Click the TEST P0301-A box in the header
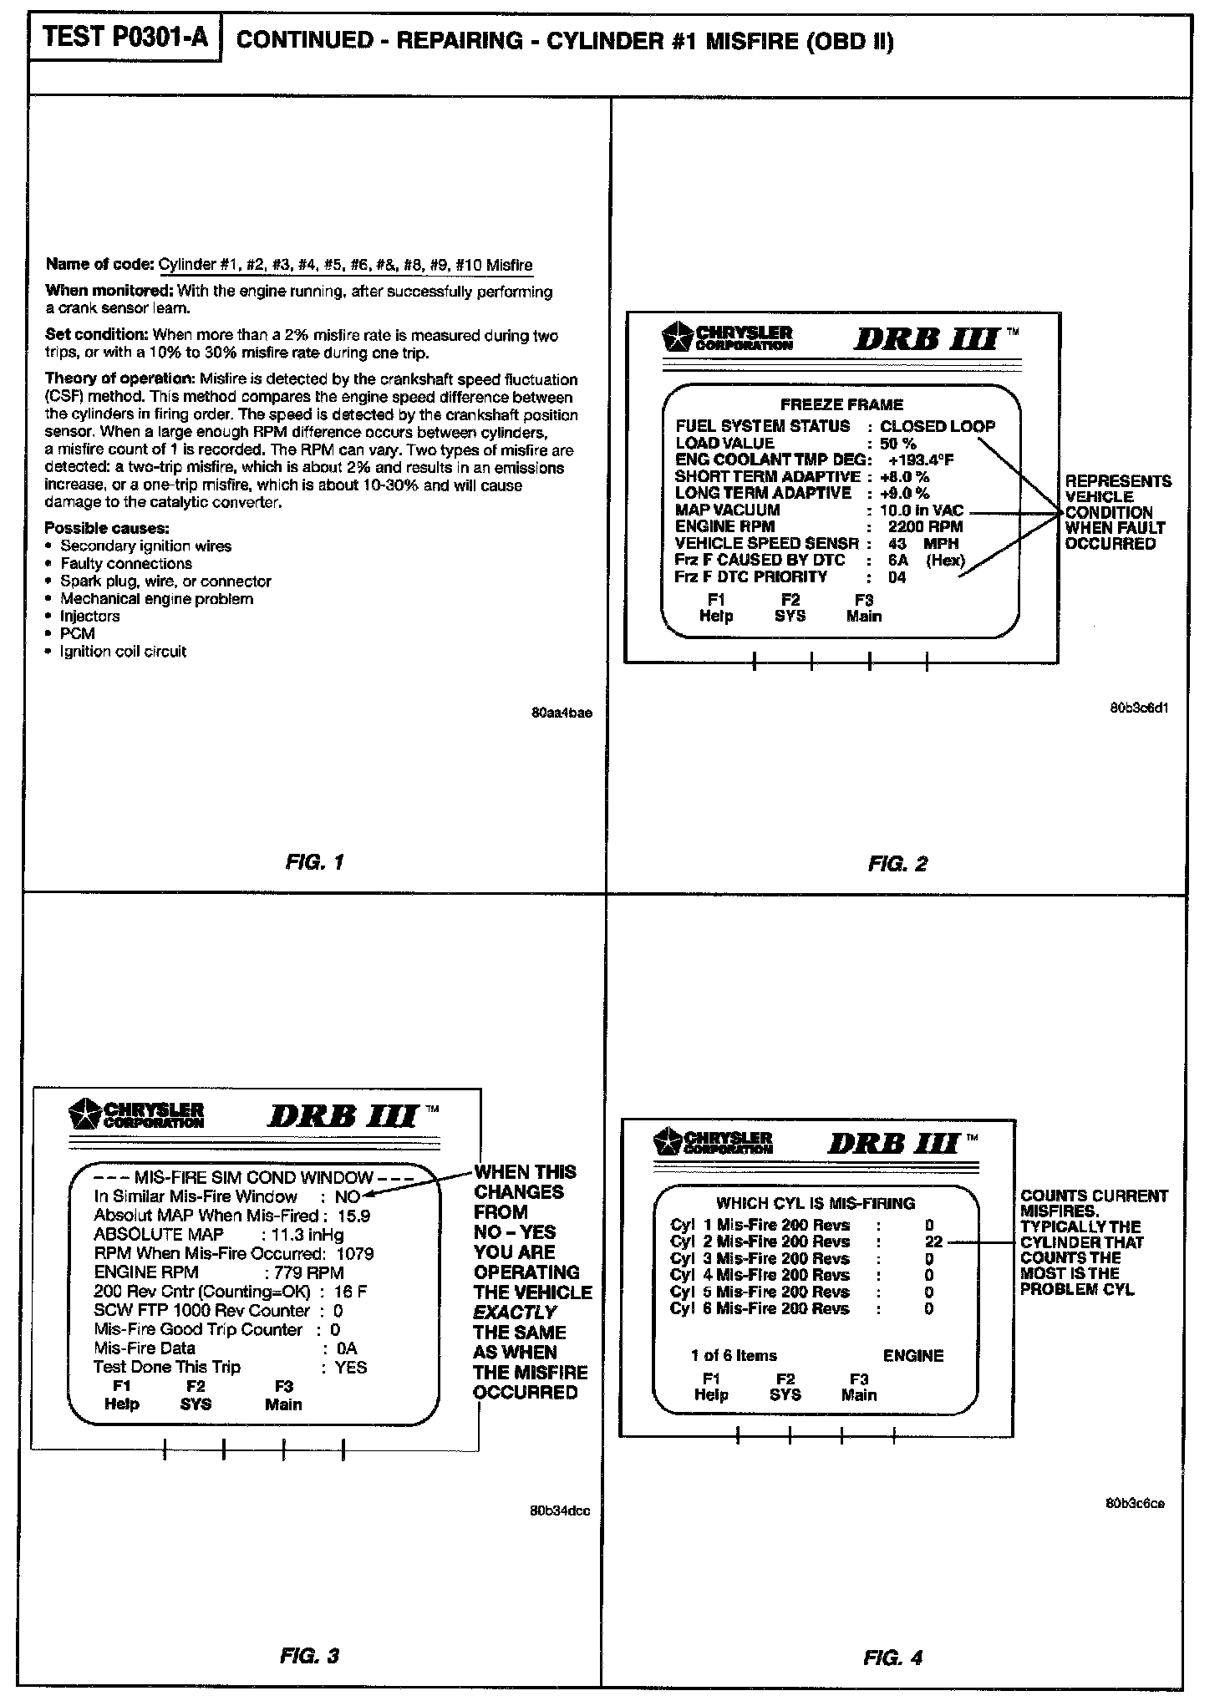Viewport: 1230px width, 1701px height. (125, 38)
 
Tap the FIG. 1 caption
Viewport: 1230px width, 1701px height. (314, 862)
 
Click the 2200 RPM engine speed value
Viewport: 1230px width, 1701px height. (925, 527)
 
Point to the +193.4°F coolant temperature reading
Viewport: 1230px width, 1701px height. (921, 460)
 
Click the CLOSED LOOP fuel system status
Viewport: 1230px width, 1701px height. (938, 426)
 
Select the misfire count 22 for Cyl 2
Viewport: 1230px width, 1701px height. (933, 1241)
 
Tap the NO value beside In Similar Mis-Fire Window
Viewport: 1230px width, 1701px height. (347, 1196)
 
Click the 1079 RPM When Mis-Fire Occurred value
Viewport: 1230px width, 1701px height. (355, 1253)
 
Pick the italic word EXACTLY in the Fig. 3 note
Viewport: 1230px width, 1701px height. (515, 1313)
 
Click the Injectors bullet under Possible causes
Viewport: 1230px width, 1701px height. (90, 617)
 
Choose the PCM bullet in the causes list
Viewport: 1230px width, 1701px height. (78, 634)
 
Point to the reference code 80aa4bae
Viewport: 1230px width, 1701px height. (561, 713)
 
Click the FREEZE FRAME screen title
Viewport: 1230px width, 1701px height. (841, 404)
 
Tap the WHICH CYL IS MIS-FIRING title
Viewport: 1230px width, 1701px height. (816, 1203)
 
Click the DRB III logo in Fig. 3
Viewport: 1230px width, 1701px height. (343, 1116)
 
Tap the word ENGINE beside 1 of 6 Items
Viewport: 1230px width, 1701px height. (912, 1356)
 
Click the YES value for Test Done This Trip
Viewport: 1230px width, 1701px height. (351, 1367)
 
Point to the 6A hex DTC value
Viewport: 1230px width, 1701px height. (898, 561)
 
